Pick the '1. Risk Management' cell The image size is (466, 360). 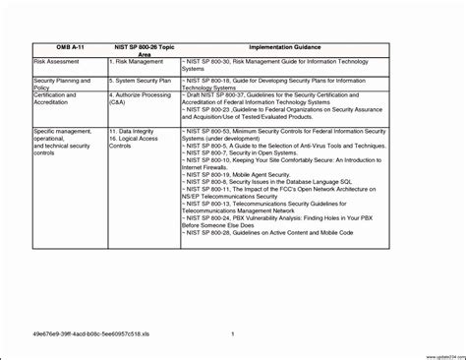tap(138, 60)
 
